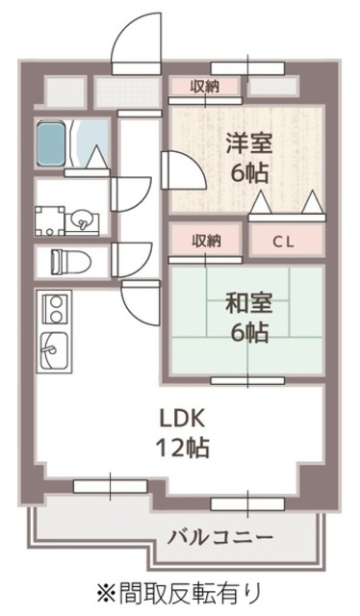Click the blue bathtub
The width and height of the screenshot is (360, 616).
pos(53,144)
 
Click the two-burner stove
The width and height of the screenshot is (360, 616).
pos(53,309)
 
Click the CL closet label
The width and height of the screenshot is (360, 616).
pos(282,241)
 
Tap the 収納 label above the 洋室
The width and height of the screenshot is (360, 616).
pos(204,87)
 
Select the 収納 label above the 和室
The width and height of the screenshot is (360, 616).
pos(204,241)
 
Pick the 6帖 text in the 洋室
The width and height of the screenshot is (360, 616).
pos(248,174)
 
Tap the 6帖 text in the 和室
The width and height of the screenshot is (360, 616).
pos(248,333)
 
